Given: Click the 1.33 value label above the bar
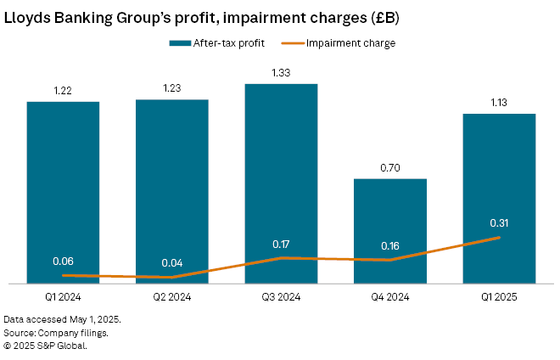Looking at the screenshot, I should click(x=281, y=74).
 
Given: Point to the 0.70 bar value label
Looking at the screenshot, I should click(x=389, y=168).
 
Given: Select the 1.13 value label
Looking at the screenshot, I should click(x=499, y=104).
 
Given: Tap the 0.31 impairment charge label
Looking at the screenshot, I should click(x=499, y=222).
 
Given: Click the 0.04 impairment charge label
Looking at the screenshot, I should click(x=171, y=262).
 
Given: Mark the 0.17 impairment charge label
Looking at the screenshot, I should click(x=281, y=244).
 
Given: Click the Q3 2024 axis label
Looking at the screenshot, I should click(x=281, y=297).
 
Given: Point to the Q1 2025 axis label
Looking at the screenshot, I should click(x=499, y=297).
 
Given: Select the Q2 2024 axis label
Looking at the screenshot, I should click(x=171, y=297).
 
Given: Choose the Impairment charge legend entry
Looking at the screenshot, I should click(x=350, y=42).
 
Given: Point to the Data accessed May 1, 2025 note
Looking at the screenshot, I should click(x=62, y=319).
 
